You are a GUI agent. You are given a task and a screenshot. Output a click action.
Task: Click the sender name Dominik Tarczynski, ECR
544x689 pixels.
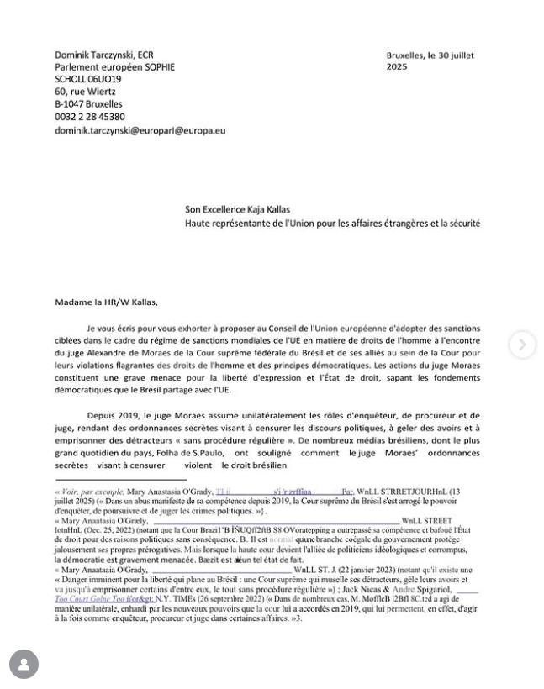point(104,55)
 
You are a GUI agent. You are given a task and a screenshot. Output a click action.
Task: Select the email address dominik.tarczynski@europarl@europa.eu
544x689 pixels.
point(140,130)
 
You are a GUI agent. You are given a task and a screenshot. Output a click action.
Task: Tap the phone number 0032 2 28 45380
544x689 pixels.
point(90,118)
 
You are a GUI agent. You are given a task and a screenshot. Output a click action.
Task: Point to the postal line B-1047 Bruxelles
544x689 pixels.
point(88,104)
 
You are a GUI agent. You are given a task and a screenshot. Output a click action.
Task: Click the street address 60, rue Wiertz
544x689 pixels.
point(86,92)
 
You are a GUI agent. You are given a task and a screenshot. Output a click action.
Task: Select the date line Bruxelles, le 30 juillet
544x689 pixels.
point(430,55)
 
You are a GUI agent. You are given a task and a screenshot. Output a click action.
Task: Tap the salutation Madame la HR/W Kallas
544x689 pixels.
point(106,302)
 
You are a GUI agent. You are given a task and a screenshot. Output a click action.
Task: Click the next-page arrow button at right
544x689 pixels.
point(522,344)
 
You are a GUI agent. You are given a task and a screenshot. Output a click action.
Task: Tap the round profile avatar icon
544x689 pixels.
point(24,665)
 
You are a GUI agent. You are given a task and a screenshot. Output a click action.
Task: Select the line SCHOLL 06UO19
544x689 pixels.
point(88,79)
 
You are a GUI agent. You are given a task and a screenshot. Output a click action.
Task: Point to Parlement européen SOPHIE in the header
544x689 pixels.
point(114,67)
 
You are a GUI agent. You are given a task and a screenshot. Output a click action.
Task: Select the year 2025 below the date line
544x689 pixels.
point(397,66)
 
